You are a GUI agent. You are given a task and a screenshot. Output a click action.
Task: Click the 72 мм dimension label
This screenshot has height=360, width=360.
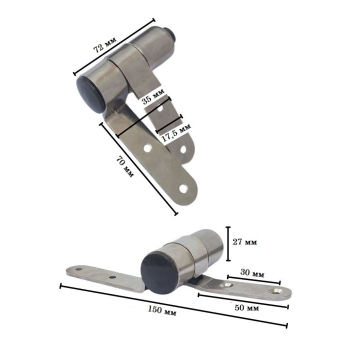[105, 44]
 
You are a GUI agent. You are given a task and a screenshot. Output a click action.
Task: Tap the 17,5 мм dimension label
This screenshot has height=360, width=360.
[177, 134]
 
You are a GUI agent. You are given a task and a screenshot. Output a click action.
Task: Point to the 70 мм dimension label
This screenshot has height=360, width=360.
[125, 167]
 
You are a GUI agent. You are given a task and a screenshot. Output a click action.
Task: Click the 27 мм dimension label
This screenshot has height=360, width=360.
[245, 242]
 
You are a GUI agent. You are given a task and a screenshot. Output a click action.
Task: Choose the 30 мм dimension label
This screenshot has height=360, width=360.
[253, 274]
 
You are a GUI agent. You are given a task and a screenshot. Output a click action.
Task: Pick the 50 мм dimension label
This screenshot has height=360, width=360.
[247, 308]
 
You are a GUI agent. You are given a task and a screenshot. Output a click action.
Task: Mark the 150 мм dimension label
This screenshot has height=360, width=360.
[162, 311]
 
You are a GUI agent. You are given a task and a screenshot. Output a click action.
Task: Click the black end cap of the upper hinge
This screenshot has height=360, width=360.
[89, 94]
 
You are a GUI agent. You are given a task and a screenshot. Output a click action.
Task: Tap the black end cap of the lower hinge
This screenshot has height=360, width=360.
[160, 273]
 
